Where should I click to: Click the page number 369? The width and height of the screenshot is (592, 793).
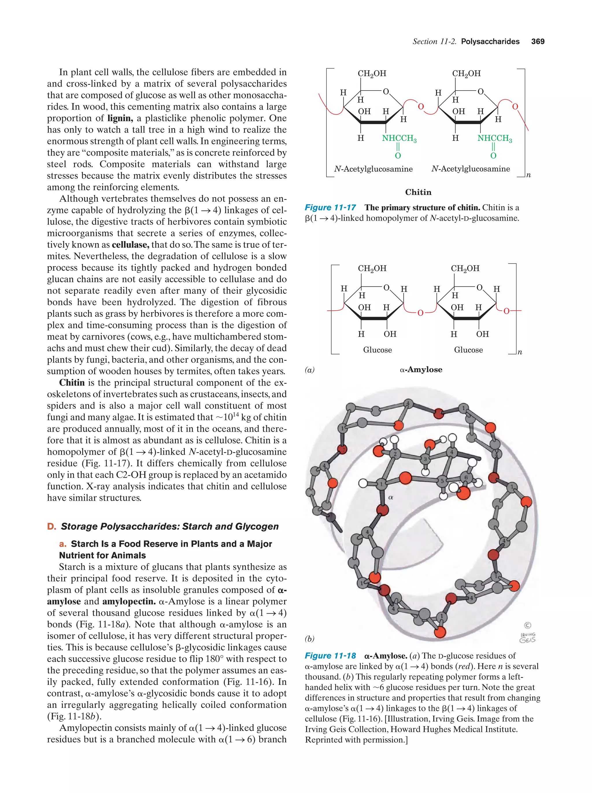(538, 42)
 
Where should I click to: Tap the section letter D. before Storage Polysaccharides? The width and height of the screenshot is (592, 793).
(51, 526)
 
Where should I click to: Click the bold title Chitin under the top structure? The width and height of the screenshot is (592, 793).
(418, 192)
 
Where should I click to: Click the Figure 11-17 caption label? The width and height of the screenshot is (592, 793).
(330, 207)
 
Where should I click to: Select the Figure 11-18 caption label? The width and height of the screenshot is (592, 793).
(330, 656)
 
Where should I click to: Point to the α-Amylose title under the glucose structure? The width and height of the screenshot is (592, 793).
(421, 370)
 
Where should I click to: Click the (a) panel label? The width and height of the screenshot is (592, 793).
(309, 370)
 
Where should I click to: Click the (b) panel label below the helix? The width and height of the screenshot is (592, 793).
(309, 639)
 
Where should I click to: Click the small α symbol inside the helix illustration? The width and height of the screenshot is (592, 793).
(391, 498)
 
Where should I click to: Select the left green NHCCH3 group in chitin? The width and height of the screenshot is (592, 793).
(399, 138)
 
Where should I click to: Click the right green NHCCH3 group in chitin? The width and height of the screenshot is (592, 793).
(494, 138)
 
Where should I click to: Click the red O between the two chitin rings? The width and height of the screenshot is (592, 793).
(421, 106)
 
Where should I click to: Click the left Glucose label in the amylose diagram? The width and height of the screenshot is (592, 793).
(378, 350)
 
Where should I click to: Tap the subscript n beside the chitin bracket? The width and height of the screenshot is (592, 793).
(528, 175)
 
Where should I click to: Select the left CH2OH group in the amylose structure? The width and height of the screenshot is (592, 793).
(372, 268)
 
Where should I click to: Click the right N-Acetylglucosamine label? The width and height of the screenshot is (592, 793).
(471, 169)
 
